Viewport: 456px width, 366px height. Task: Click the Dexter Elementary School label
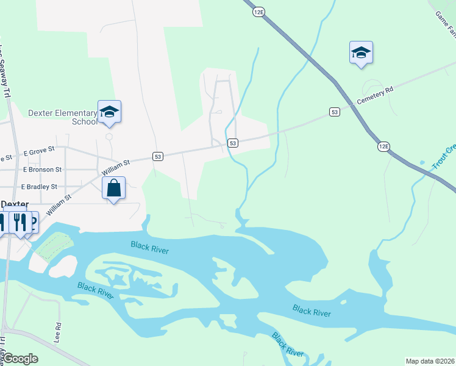(63, 117)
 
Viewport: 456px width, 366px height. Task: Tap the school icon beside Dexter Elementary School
(109, 112)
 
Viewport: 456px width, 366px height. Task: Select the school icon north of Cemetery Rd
(361, 52)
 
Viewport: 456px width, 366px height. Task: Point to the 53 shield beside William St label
(158, 157)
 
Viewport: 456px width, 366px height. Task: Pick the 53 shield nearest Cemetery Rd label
(334, 112)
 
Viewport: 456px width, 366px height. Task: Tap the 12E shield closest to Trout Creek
(383, 146)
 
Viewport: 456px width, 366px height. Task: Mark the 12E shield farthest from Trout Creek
(259, 12)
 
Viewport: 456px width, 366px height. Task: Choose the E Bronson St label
(42, 169)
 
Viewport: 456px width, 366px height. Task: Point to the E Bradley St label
(39, 187)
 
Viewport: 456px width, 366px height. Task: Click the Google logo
(20, 359)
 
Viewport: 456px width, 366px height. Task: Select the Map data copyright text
(429, 361)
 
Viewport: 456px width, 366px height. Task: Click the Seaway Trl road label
(5, 70)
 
